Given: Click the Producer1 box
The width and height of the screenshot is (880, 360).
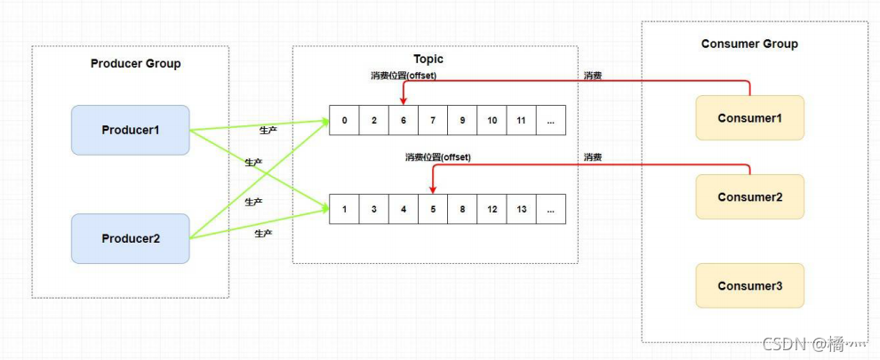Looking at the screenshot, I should coord(130,130).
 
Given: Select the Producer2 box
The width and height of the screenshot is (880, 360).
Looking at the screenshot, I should coord(130,238).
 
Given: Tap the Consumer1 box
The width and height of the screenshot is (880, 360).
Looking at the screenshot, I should coord(749,118).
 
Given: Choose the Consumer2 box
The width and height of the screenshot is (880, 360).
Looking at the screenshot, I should coord(749,197).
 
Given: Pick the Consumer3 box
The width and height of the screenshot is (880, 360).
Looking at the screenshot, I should coord(749,286).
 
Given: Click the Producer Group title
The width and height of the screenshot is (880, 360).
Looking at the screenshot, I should coord(135,64).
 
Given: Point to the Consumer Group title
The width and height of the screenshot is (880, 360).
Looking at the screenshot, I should coord(749,44).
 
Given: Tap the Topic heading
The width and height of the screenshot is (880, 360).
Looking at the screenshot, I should coord(428,59).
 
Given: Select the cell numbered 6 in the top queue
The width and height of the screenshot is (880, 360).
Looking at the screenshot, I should coord(404,121).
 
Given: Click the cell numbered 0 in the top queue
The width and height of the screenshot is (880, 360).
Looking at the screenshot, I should coord(344,121).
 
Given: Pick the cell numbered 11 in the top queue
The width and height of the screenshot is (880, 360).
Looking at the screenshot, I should coord(521,121).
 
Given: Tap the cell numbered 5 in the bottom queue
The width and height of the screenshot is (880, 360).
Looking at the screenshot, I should coord(433,210).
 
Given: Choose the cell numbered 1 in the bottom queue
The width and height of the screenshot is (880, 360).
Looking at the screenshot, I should coord(344,210).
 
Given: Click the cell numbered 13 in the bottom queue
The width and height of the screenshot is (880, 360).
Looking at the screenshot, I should coord(521,210).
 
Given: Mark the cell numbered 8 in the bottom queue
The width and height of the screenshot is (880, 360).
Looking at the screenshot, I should coord(462,210).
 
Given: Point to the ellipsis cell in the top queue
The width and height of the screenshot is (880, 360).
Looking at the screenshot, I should coord(551,121).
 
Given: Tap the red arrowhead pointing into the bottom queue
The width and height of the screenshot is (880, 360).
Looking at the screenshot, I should coord(433,190).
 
